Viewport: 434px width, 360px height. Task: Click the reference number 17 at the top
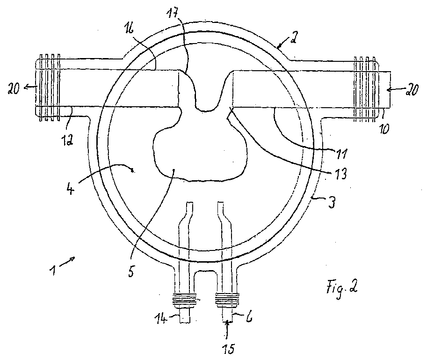(174, 13)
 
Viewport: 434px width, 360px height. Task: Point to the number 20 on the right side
(412, 90)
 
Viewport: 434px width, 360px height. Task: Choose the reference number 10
(383, 129)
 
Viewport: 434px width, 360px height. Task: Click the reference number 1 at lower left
(53, 270)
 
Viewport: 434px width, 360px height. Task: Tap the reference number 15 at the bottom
(229, 348)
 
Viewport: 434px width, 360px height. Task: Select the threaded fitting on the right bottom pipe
(227, 301)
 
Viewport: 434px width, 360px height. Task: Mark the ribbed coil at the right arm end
(365, 89)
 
